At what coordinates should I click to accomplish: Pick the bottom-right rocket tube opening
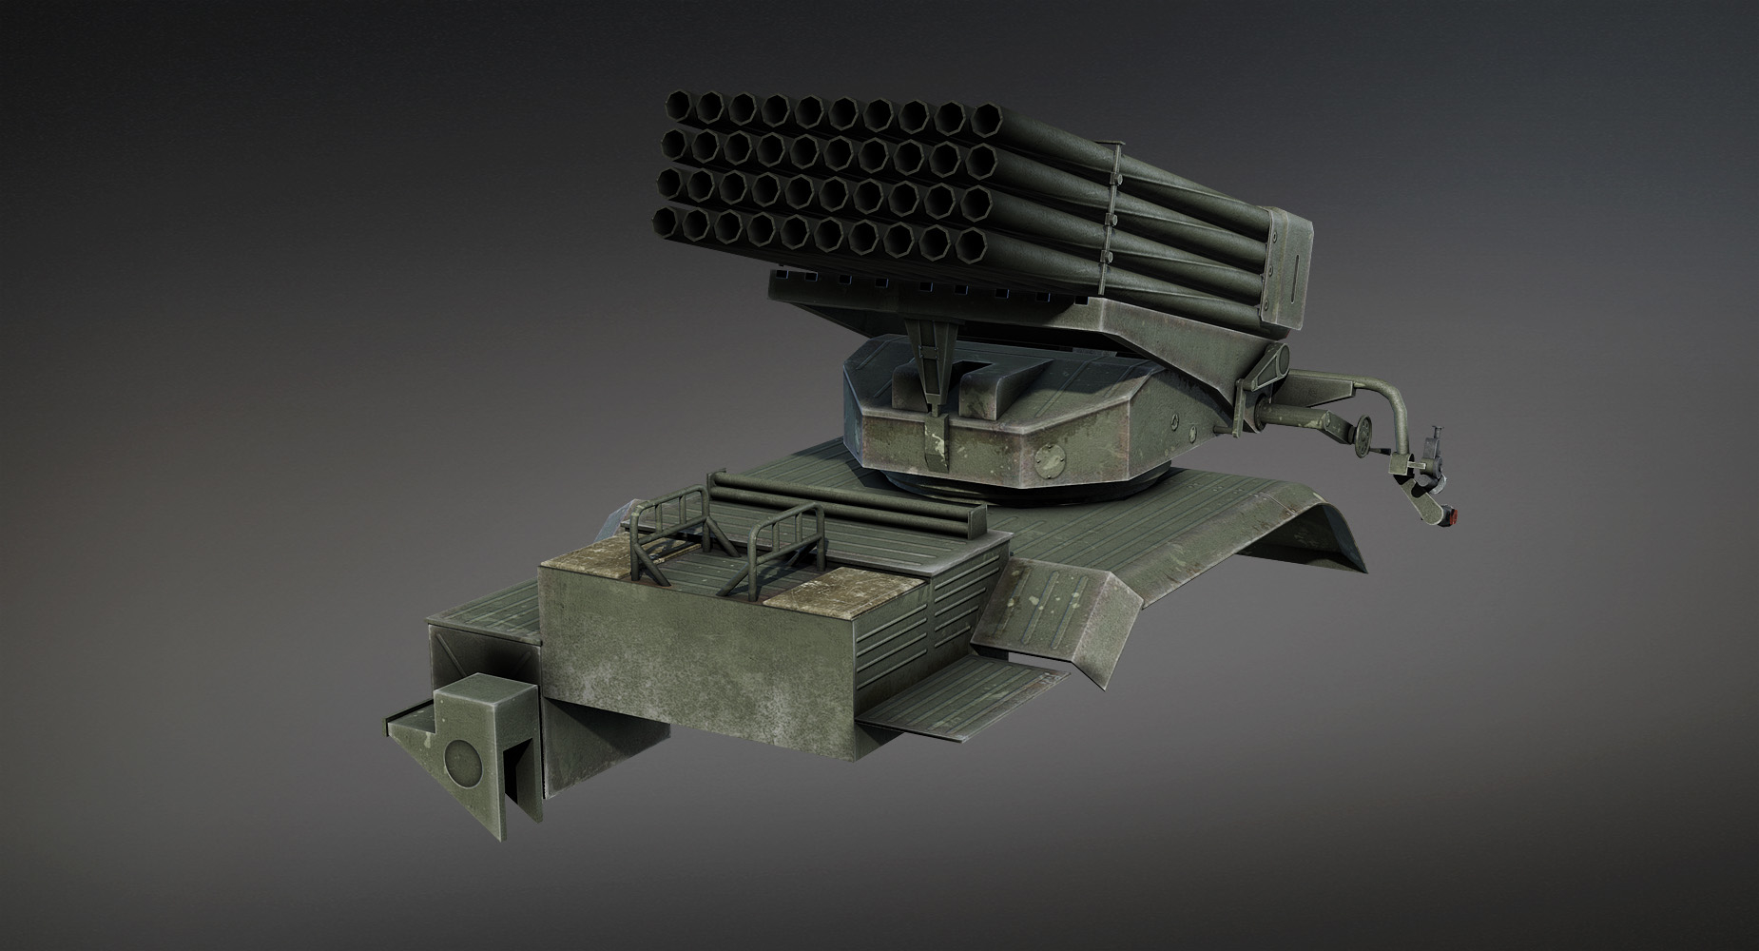click(x=972, y=244)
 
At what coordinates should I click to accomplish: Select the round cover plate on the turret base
click(x=1052, y=460)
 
